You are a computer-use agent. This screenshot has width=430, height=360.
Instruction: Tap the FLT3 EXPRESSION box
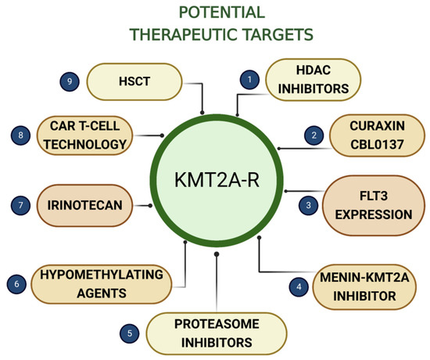[372, 203]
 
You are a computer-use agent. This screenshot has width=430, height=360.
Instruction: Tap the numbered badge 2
[314, 135]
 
